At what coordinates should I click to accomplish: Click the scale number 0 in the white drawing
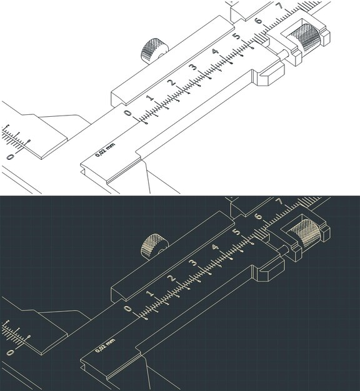(x=128, y=113)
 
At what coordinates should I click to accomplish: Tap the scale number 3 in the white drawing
(x=192, y=67)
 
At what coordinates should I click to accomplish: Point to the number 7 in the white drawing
(x=279, y=6)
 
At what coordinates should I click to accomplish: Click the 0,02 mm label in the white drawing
(x=105, y=150)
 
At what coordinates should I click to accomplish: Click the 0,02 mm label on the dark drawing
(x=105, y=345)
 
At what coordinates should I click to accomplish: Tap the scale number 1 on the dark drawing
(x=151, y=294)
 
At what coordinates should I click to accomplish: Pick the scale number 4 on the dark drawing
(x=215, y=247)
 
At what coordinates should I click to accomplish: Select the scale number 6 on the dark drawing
(x=258, y=217)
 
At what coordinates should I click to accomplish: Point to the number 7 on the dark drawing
(x=279, y=201)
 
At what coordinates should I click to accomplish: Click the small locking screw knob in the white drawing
(x=154, y=51)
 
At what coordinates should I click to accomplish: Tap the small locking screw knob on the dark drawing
(x=154, y=247)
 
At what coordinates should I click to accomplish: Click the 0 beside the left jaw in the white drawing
(x=10, y=157)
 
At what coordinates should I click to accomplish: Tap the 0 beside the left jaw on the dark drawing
(x=10, y=353)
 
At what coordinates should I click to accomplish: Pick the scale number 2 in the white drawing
(x=172, y=82)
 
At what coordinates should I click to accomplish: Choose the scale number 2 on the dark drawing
(x=172, y=278)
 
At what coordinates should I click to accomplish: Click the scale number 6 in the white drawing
(x=258, y=21)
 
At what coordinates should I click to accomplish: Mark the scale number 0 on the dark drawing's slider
(x=128, y=309)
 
